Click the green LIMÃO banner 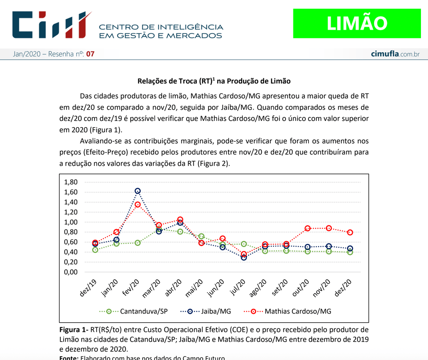tap(357, 23)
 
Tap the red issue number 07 tap(90, 54)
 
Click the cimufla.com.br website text tap(395, 54)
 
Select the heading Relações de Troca tap(214, 81)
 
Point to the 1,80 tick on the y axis tap(71, 182)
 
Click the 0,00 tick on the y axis tap(71, 272)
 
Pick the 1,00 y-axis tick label tap(71, 222)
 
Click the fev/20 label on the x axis tap(131, 288)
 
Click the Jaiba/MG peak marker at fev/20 tap(138, 191)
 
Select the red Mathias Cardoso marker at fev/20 tap(138, 204)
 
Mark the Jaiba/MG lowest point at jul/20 tap(244, 258)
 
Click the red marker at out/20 tap(308, 228)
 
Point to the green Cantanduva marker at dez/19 tap(95, 250)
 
